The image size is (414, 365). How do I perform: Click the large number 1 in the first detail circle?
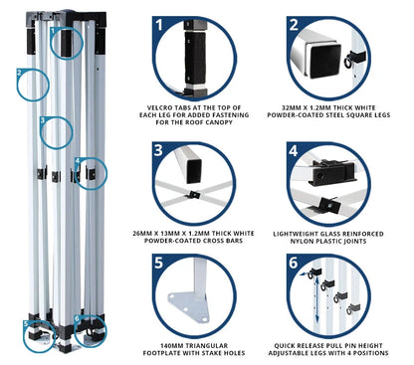click(159, 24)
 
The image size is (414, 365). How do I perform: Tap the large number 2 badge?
click(294, 25)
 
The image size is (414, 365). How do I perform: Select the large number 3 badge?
click(158, 150)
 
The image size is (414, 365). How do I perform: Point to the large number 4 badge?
click(294, 151)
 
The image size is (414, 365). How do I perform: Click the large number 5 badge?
click(158, 263)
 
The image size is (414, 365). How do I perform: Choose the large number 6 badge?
click(294, 263)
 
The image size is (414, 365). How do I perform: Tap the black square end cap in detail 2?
click(325, 61)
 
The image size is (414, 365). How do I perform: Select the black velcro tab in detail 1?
click(195, 59)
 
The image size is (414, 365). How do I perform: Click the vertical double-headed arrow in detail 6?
click(317, 299)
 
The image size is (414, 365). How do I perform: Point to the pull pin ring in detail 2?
click(348, 63)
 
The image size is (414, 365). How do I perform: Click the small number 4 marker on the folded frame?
click(78, 161)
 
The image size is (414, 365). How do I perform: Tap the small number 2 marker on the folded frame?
click(19, 73)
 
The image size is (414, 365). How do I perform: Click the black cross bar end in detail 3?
click(194, 171)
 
